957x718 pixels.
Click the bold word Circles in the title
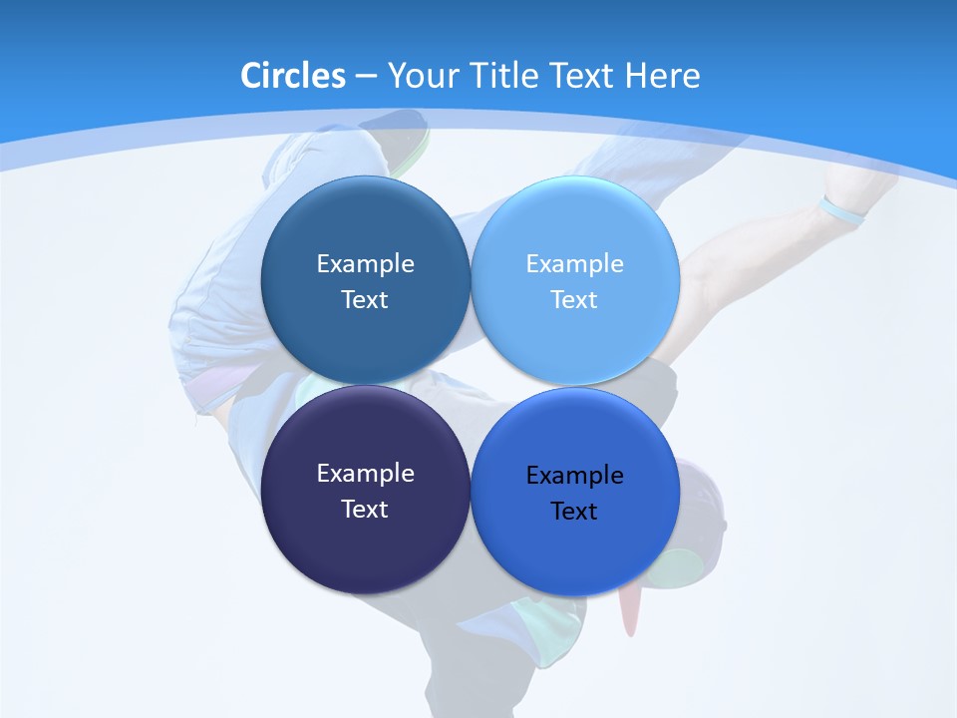point(293,76)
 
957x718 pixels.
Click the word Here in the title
point(663,76)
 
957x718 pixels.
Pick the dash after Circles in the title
point(366,77)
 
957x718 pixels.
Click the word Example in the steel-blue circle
point(365,263)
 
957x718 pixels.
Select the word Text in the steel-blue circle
point(365,299)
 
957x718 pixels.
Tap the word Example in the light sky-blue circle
point(574,263)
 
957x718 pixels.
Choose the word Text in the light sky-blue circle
point(574,299)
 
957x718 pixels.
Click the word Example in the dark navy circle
point(365,473)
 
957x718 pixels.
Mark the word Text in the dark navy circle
point(365,509)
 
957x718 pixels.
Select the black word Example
point(574,475)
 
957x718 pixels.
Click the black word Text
point(574,511)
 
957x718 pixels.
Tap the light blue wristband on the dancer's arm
point(842,211)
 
